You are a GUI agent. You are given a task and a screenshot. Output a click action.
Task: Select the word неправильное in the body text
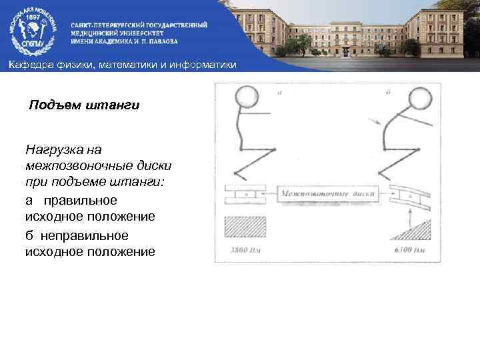coord(85,236)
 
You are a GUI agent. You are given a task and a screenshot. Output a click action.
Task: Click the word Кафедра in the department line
coord(27,64)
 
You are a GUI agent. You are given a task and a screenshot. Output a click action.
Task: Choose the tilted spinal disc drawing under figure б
coord(409,194)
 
